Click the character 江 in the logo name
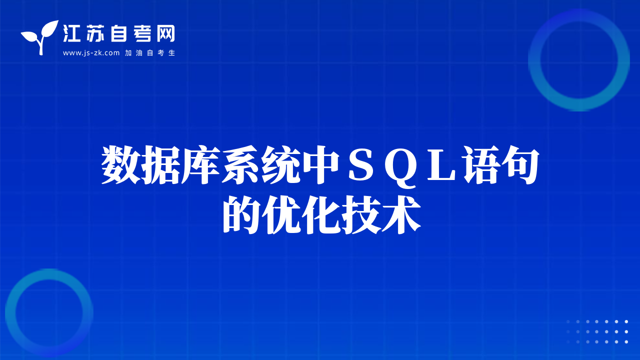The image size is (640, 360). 71,33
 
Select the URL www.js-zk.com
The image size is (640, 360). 91,53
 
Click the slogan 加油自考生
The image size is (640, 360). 150,53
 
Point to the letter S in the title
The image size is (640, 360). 361,165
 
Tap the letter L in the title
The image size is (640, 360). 441,165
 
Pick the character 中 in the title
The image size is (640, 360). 321,165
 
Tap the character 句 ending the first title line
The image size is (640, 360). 520,165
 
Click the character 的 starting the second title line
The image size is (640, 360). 241,215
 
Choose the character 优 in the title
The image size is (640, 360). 281,215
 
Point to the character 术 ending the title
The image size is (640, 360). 401,215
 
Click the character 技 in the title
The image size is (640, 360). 361,215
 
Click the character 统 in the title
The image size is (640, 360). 281,165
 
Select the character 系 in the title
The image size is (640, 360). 241,165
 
